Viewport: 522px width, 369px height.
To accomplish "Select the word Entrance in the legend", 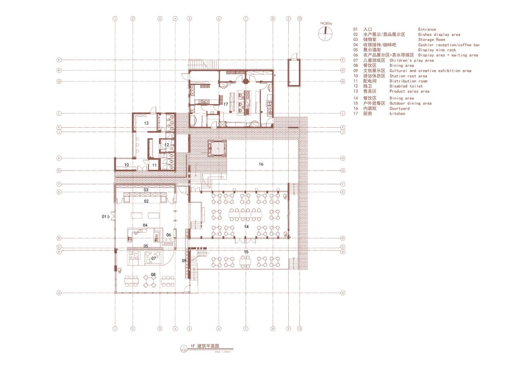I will click(x=427, y=29).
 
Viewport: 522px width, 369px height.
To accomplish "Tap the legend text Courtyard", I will click(x=399, y=109).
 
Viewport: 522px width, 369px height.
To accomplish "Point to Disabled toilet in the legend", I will click(x=406, y=86).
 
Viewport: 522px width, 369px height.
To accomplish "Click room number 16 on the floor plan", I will click(x=261, y=164).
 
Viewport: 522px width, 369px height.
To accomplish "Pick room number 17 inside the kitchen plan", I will click(x=226, y=104).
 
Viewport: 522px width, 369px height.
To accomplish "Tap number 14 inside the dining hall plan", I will click(x=246, y=226).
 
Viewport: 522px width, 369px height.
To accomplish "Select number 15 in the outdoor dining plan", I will click(x=246, y=252).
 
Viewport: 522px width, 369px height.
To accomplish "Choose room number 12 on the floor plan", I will click(x=167, y=145).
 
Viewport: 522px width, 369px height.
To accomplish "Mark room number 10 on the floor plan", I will click(x=127, y=165).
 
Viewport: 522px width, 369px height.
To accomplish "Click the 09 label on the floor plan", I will click(x=184, y=260).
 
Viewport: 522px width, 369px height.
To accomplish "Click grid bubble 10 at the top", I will click(x=299, y=19).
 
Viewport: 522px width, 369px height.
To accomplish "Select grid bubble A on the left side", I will click(x=59, y=293).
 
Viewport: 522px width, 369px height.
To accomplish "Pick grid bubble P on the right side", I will click(x=343, y=60).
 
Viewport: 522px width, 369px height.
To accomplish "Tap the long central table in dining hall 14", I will click(x=246, y=213).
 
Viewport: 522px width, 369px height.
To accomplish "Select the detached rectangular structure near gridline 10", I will click(x=294, y=73).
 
